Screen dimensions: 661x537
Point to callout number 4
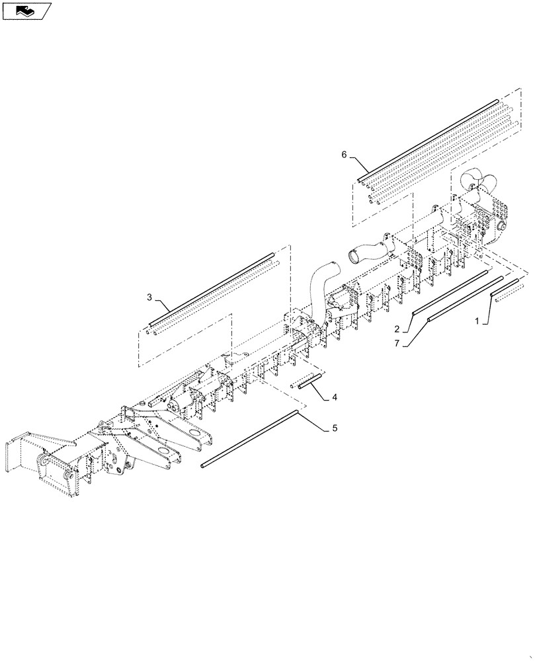coord(335,397)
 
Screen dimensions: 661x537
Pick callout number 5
coord(335,428)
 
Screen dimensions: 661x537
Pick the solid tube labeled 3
coord(212,288)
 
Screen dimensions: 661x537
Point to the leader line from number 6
coord(354,165)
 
